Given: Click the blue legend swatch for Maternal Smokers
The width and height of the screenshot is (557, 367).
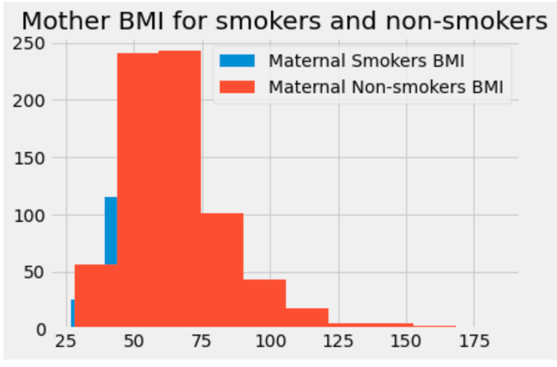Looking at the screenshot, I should coord(236,61).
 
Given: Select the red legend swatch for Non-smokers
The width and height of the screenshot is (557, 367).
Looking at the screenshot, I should coord(236,86).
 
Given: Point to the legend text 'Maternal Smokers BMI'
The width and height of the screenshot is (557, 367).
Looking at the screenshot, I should coord(366,61).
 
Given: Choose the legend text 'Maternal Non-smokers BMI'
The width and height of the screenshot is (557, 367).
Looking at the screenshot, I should coord(386,86).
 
